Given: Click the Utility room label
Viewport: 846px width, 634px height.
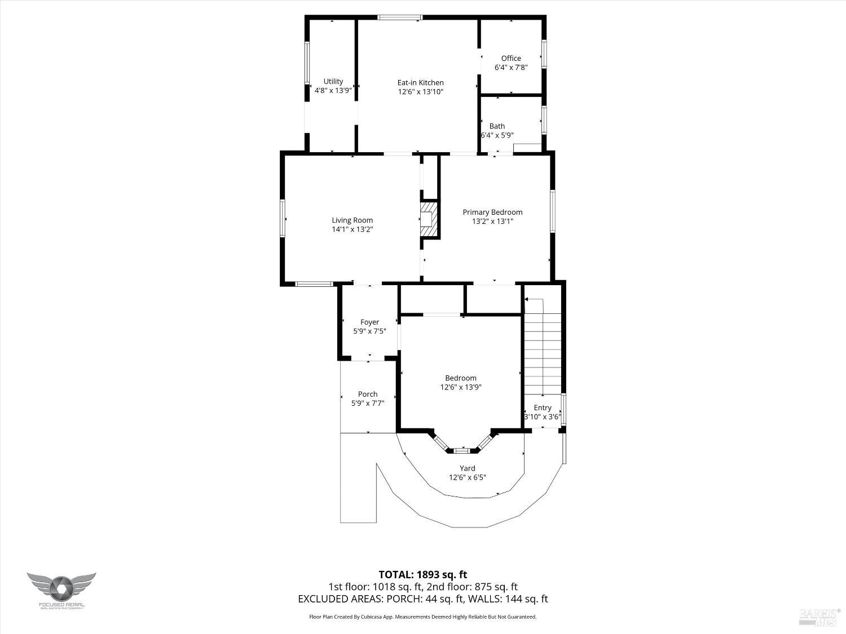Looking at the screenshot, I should coord(333,81).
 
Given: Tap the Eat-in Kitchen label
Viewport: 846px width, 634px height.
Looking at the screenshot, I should coord(420,82).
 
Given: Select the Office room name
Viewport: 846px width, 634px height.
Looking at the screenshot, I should coord(511,58).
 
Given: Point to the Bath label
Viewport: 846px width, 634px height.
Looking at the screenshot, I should coord(497,126).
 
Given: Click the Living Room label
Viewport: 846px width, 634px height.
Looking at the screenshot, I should coord(352,220).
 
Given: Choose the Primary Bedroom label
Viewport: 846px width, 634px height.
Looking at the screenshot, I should coord(492,212).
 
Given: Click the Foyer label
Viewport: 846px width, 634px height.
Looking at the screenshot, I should coord(369,322).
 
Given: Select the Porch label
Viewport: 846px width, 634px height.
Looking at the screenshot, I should coord(368,394).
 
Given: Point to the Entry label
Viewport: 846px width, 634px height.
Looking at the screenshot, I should coord(543,407).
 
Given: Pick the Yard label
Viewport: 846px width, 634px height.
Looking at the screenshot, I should coord(467,468).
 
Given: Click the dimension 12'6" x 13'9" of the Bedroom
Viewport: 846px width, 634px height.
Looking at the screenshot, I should coord(461,387).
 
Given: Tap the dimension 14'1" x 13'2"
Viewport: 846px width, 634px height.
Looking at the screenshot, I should coord(352,229).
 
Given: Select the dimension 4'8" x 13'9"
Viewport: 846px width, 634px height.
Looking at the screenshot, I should coord(333,90).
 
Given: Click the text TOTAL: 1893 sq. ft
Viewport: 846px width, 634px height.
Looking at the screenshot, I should coord(422,575).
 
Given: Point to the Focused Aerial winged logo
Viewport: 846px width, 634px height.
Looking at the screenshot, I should coord(61,587).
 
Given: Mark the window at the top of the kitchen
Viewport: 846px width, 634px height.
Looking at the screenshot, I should coord(399,17).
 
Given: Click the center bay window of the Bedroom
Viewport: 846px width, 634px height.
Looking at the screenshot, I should coord(462,450).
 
